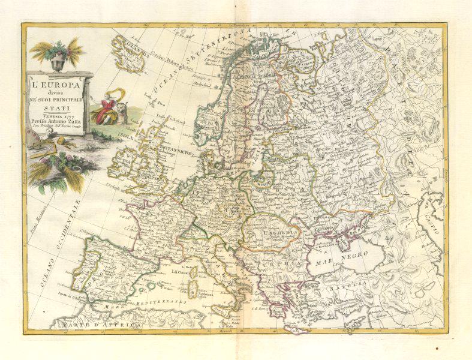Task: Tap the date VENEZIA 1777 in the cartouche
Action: click(59, 116)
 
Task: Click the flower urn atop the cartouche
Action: click(58, 58)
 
